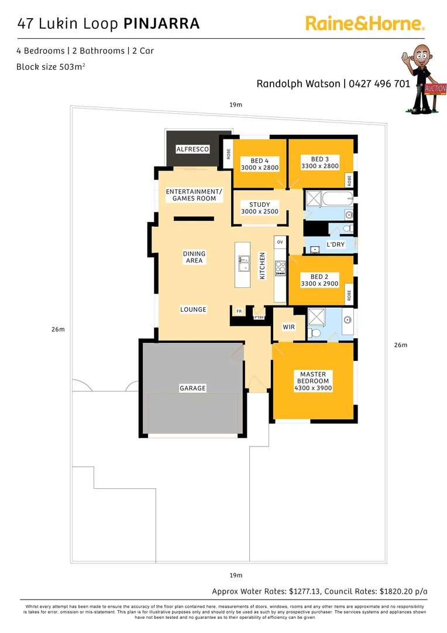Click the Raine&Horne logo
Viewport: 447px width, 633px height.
[365, 24]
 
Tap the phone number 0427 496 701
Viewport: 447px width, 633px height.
[379, 84]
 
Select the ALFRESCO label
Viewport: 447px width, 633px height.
[192, 150]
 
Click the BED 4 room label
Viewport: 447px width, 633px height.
[259, 161]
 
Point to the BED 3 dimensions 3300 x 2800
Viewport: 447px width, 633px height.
[319, 166]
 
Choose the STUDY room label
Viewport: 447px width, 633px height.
[259, 205]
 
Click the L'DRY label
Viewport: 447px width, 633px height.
[335, 244]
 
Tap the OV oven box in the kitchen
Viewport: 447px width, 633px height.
[280, 242]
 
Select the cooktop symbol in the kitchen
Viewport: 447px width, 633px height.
[280, 267]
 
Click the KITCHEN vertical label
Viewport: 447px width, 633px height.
[263, 266]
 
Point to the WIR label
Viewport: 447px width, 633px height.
[288, 327]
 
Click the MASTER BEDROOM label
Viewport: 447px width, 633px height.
[313, 378]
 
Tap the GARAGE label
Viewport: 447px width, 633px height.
[192, 389]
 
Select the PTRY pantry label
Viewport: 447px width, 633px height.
[259, 318]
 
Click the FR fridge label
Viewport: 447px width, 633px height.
[239, 311]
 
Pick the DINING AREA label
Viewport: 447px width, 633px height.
[194, 257]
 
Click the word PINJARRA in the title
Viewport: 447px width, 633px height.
[161, 24]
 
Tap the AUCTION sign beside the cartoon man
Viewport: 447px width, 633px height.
[435, 89]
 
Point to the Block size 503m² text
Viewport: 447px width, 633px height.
[51, 67]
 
